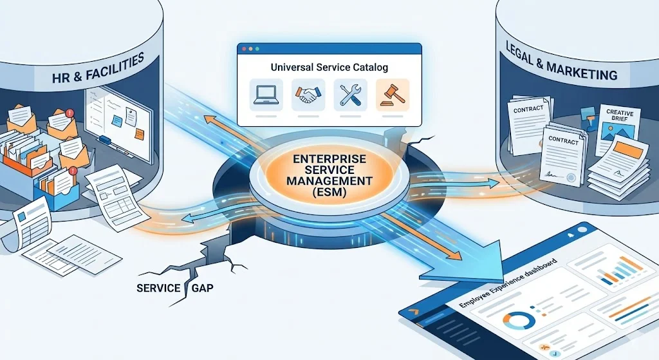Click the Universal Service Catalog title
pos(329,67)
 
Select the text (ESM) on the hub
pos(329,191)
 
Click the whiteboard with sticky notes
pos(118,126)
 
